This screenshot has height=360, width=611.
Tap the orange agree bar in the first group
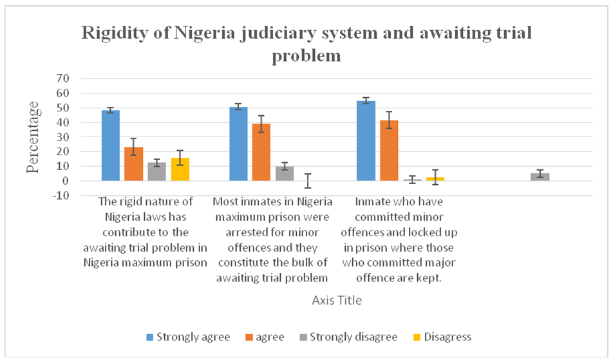[x=133, y=164]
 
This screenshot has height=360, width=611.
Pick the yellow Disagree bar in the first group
[x=180, y=169]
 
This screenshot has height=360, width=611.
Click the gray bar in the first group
[x=156, y=172]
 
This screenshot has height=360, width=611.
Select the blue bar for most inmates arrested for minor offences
[x=238, y=144]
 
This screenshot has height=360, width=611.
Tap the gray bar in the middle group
[x=285, y=174]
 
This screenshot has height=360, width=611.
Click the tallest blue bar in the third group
[x=366, y=140]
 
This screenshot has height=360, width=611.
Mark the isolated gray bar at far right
[x=540, y=177]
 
